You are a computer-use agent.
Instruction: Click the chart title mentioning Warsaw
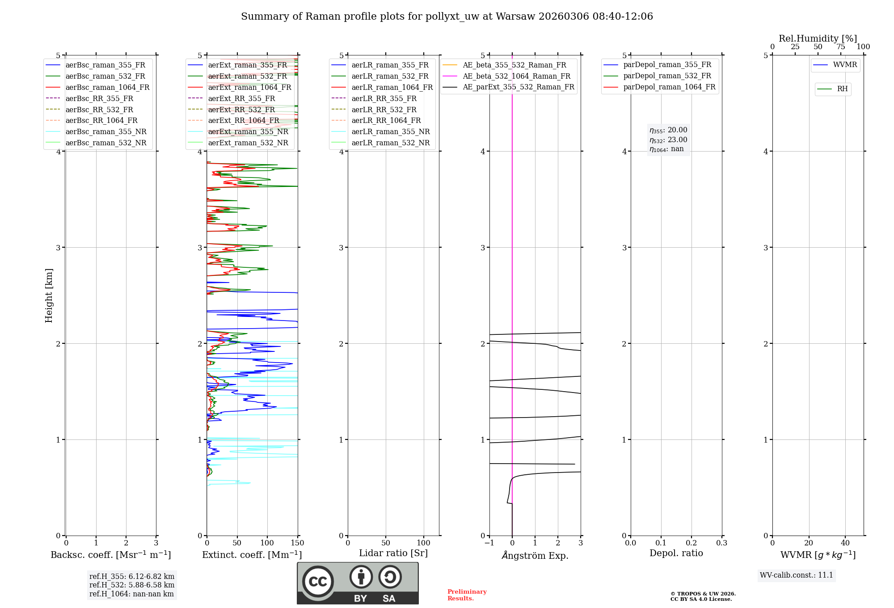coord(447,17)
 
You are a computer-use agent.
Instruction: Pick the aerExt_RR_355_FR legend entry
coord(241,99)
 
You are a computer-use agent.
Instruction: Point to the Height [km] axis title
coord(49,296)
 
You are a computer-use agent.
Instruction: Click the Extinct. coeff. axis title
coord(252,555)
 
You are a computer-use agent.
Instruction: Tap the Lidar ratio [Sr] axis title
coord(393,553)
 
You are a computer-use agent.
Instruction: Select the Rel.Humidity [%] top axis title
coord(818,38)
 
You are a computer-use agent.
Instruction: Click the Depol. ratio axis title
coord(676,553)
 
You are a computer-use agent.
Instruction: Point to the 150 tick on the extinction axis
coord(298,543)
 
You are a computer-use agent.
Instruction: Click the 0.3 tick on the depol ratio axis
coord(721,543)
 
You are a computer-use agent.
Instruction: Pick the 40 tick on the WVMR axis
coord(845,543)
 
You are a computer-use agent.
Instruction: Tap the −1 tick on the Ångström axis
coord(489,543)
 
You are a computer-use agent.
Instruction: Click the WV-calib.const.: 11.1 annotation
coord(797,575)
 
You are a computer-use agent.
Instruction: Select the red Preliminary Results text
coord(467,595)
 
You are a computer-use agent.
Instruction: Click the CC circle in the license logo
coord(318,581)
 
